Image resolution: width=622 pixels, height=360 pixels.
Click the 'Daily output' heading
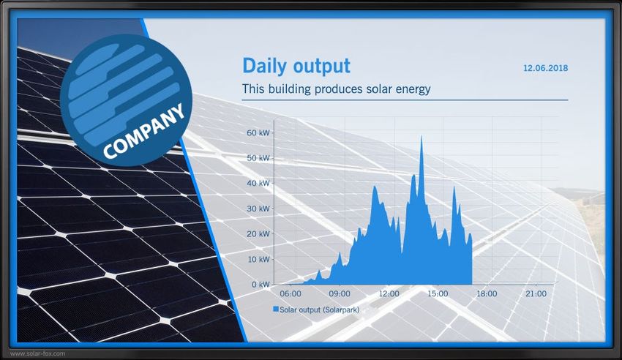pyautogui.click(x=296, y=67)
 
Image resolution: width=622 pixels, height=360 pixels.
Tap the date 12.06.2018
pyautogui.click(x=545, y=68)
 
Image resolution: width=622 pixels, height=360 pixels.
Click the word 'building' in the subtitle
pyautogui.click(x=290, y=89)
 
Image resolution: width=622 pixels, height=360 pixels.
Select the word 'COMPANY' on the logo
pyautogui.click(x=143, y=131)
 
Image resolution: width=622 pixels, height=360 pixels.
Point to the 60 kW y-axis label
pyautogui.click(x=258, y=133)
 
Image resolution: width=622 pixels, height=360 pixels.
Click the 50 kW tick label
pyautogui.click(x=258, y=158)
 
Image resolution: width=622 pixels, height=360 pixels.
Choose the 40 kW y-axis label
pyautogui.click(x=258, y=183)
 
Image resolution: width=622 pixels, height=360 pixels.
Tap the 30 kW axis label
pyautogui.click(x=258, y=209)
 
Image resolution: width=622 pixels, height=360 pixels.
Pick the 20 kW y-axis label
pyautogui.click(x=258, y=234)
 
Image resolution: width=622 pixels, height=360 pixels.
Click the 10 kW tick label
pyautogui.click(x=258, y=259)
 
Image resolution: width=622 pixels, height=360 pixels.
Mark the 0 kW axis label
pyautogui.click(x=261, y=285)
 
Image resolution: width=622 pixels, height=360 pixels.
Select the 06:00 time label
pyautogui.click(x=291, y=294)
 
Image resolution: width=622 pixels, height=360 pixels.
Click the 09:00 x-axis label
pyautogui.click(x=340, y=294)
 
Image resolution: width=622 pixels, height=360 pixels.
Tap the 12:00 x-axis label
pyautogui.click(x=389, y=294)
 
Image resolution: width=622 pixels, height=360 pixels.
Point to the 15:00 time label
pyautogui.click(x=438, y=294)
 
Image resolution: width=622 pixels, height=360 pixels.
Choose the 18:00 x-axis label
pyautogui.click(x=487, y=294)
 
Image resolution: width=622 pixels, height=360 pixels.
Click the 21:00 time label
pyautogui.click(x=536, y=294)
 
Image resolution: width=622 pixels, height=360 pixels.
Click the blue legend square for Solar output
pyautogui.click(x=276, y=309)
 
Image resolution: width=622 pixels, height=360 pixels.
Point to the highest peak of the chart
pyautogui.click(x=421, y=136)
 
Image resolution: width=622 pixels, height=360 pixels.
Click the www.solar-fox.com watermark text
pyautogui.click(x=37, y=353)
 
